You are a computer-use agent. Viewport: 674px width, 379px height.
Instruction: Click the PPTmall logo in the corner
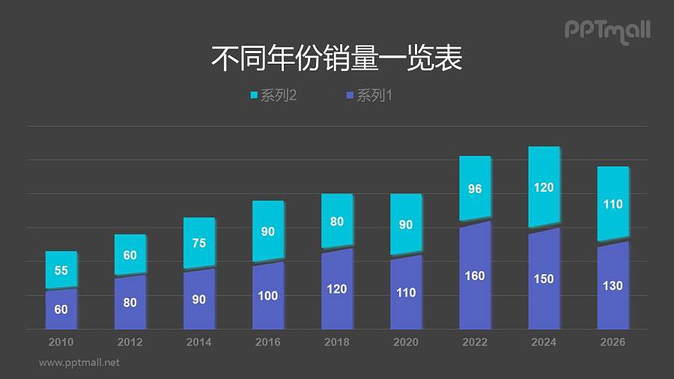(607, 31)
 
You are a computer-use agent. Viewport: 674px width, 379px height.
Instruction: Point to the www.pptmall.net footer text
(79, 363)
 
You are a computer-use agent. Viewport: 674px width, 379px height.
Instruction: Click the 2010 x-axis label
(61, 342)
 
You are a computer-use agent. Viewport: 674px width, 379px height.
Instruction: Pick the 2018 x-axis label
(337, 342)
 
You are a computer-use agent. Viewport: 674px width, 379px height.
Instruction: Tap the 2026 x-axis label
(613, 342)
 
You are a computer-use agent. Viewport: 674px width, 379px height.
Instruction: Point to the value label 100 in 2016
(268, 296)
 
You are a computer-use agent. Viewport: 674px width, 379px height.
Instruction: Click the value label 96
(475, 189)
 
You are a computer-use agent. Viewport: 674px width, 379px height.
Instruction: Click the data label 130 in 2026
(613, 285)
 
